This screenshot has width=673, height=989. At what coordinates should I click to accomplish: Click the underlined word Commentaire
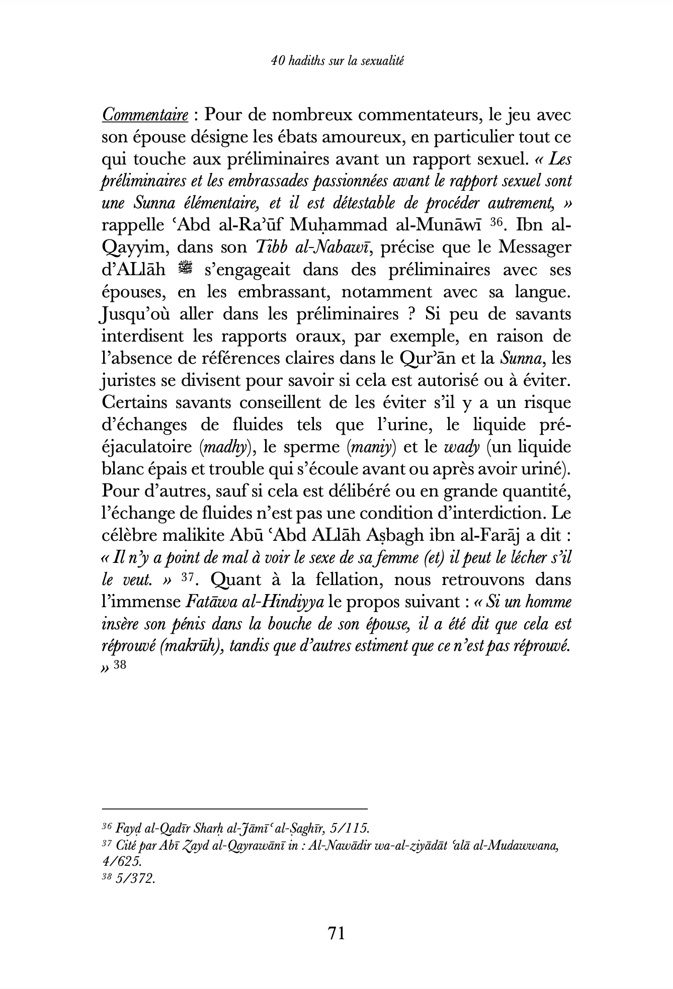(145, 115)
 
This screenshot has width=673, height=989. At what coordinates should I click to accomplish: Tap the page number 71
(336, 933)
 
